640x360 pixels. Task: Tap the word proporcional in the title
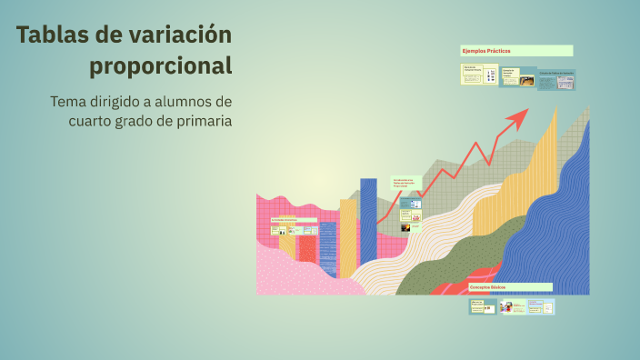tap(161, 66)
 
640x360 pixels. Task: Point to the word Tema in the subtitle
tap(69, 101)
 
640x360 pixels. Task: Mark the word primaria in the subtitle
tap(200, 121)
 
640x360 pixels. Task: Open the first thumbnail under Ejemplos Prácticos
tap(472, 75)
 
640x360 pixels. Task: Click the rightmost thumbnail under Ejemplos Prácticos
tap(555, 81)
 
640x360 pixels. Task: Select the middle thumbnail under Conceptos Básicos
tap(512, 307)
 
